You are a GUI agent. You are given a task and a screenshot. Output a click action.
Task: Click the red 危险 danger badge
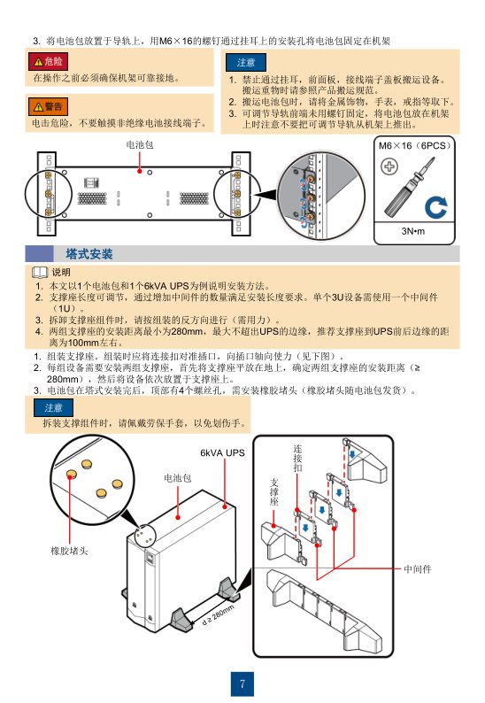coord(48,61)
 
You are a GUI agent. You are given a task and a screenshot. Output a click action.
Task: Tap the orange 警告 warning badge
coord(48,106)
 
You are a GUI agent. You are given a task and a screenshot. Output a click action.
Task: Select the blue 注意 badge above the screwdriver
coord(246,62)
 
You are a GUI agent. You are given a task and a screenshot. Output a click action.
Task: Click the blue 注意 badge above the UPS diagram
coord(53,407)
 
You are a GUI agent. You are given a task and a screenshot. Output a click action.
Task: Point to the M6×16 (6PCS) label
coord(414,146)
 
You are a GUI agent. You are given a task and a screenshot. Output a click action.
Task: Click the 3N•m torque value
coord(412,231)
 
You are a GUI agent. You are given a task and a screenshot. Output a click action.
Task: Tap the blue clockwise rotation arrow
coord(435,207)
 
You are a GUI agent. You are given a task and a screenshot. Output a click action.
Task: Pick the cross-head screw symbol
coord(389,166)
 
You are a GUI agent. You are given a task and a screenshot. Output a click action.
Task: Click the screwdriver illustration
coord(409,189)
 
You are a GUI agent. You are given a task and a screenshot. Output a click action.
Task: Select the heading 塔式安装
coord(89,254)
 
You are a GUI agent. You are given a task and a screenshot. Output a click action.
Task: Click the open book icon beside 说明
coord(40,272)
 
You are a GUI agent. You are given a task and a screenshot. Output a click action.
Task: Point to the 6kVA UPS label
coord(222,452)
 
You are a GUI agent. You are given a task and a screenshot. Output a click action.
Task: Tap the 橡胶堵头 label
coord(69,551)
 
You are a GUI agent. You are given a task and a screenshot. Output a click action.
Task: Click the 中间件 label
coord(418,569)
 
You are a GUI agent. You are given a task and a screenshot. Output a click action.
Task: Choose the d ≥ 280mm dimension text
coord(219,614)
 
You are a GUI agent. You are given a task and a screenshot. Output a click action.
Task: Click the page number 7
coord(242,684)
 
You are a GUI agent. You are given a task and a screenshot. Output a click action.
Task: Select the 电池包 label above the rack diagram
coord(140,145)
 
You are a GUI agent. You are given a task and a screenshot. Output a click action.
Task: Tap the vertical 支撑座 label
coord(273,491)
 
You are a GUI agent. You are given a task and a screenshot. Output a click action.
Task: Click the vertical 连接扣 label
coord(297,459)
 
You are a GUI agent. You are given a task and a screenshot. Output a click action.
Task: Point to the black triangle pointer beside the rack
coord(265,195)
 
